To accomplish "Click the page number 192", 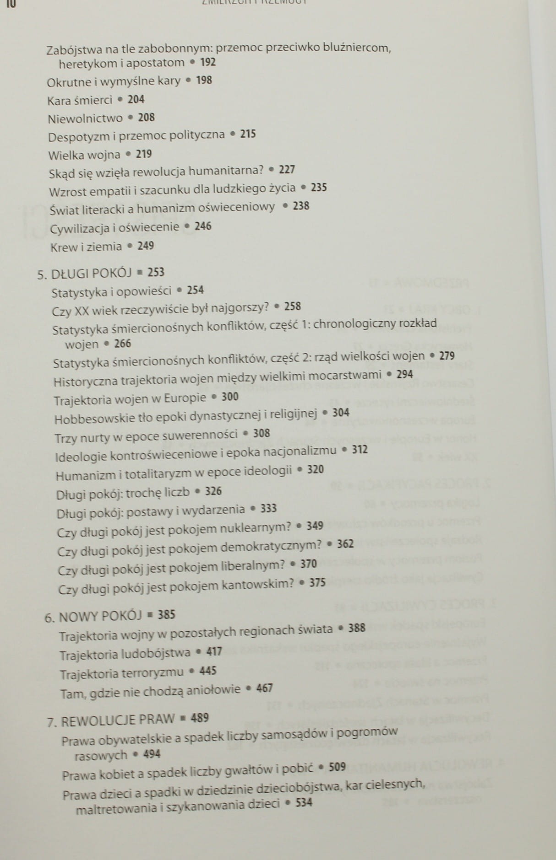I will pos(208,62).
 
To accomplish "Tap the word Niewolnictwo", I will pos(85,119).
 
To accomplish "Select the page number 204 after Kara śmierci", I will pos(136,99).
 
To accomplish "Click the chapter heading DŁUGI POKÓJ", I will pos(91,274).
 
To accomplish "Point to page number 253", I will pos(156,273).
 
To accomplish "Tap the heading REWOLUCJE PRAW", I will pos(118,720).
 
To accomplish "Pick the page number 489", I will pos(200,718).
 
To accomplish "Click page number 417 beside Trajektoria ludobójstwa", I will pos(214,651).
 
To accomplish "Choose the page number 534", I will pos(304,802).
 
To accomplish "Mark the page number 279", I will pos(447,356).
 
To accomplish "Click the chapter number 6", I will pos(49,618).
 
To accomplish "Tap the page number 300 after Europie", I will pos(230,397).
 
